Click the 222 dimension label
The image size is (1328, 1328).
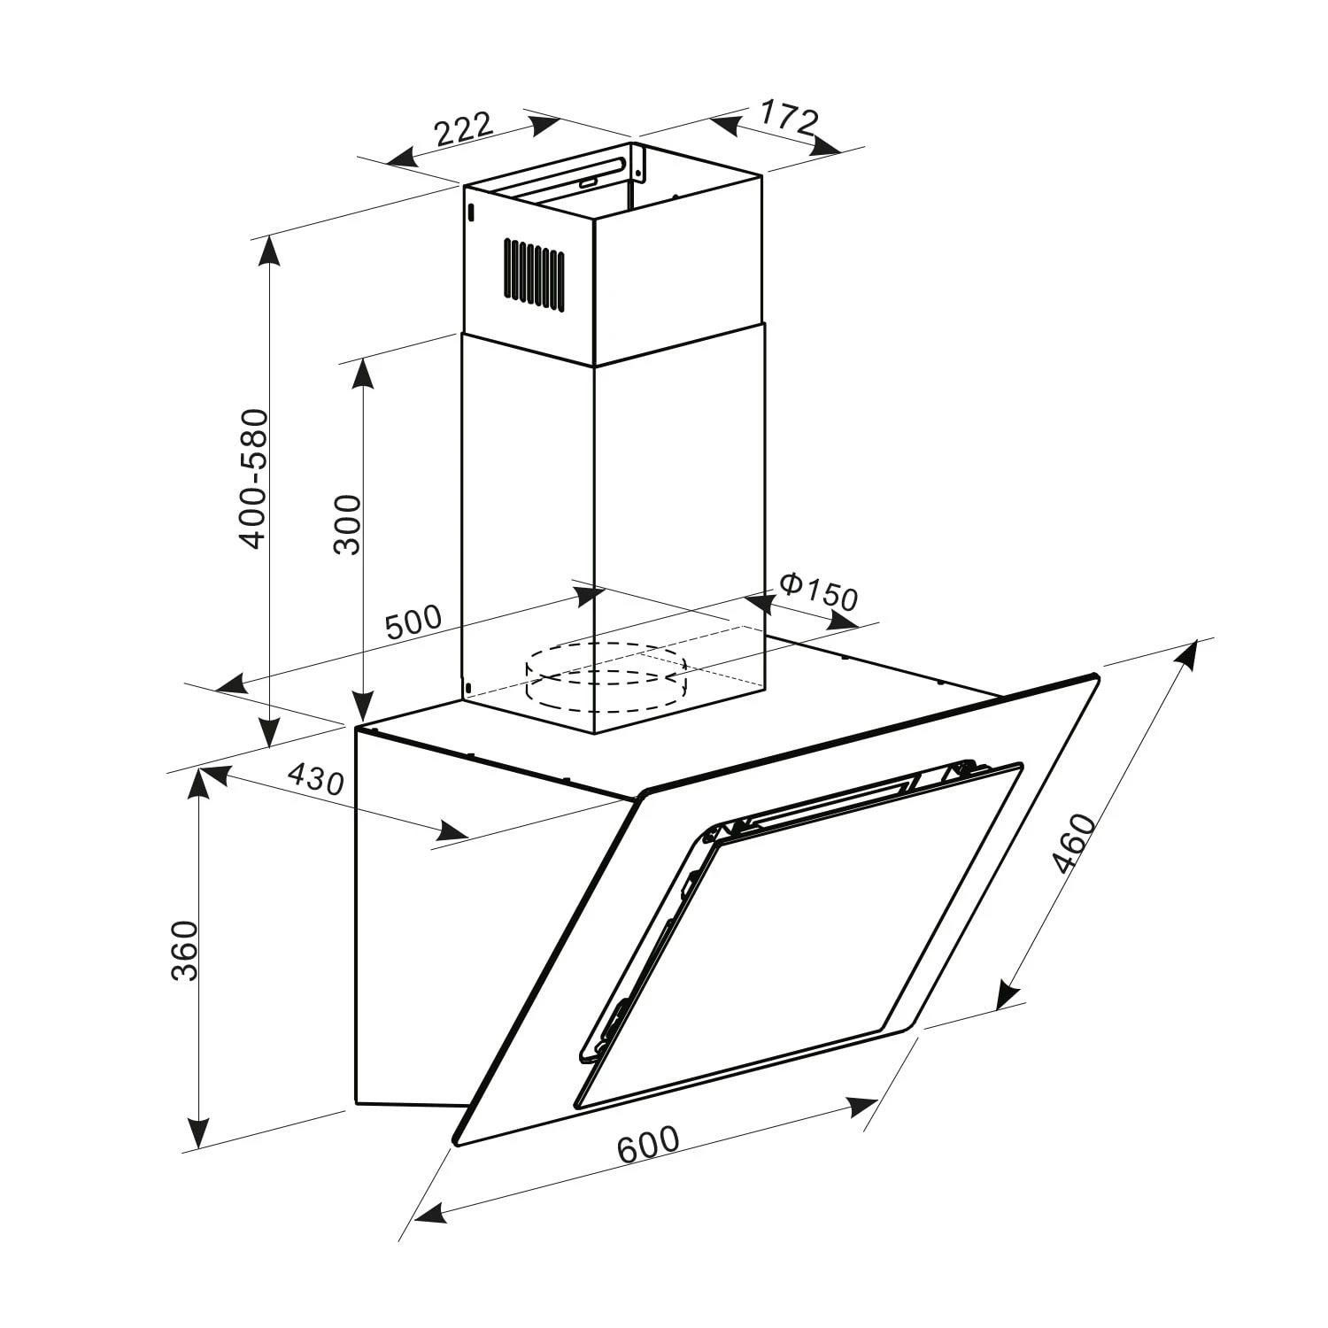[463, 129]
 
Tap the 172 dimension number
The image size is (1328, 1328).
[787, 120]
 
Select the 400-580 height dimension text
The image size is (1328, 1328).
[254, 478]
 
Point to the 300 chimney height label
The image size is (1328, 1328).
[348, 524]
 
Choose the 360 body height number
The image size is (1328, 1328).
[184, 951]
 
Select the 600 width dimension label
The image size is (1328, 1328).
[648, 1144]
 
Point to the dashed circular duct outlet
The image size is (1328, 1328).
[606, 676]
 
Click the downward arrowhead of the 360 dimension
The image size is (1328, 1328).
[198, 1135]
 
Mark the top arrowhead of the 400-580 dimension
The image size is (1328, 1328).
[268, 252]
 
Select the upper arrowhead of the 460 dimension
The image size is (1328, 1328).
[1191, 652]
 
